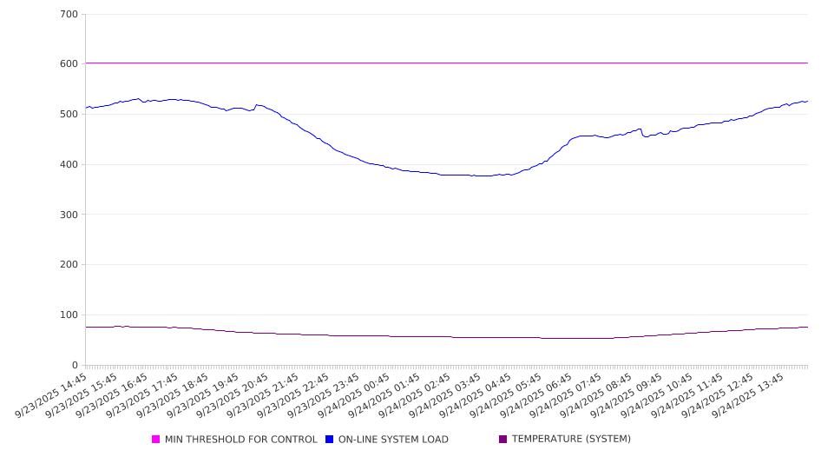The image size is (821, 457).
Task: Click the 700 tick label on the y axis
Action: (69, 15)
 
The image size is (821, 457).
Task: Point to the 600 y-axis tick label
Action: (69, 64)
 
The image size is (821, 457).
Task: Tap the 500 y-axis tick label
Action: (69, 115)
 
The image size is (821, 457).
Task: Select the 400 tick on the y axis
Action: (69, 165)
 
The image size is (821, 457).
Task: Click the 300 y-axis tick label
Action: (69, 215)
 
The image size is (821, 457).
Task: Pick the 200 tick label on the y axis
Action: (69, 265)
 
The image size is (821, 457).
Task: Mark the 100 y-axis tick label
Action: (69, 315)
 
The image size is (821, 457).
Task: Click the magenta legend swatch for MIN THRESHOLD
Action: (156, 440)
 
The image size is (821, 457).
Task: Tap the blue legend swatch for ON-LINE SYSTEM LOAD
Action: (330, 440)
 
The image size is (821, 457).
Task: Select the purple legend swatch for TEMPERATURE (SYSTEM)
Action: (503, 440)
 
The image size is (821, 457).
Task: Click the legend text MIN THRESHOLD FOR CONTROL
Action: (241, 440)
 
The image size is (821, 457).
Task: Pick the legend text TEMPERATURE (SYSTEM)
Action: (571, 440)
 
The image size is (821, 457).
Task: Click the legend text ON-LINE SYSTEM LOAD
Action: (393, 440)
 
